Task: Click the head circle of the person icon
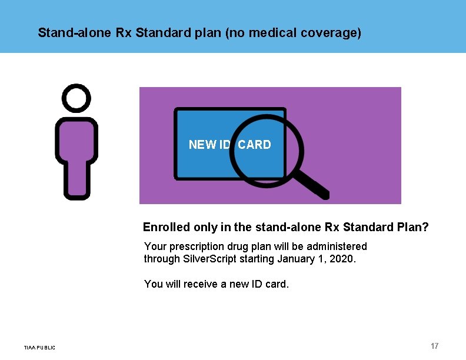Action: [76, 98]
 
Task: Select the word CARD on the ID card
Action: [254, 145]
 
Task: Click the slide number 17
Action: [434, 346]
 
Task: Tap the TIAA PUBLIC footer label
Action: [39, 348]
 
